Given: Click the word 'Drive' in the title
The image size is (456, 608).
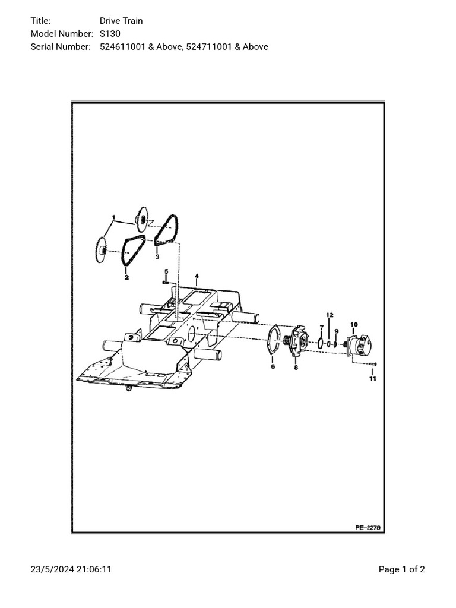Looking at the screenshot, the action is (110, 21).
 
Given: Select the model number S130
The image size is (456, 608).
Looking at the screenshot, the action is (110, 34).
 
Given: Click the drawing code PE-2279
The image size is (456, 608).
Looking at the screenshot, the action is (369, 527).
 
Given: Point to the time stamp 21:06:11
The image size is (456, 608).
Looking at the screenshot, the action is (94, 569).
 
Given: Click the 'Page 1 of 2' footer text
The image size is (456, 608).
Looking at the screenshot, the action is (402, 569).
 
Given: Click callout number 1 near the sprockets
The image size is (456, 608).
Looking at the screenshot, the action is (113, 217).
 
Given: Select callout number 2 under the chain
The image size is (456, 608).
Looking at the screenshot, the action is (126, 277).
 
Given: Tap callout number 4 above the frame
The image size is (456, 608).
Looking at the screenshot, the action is (197, 276).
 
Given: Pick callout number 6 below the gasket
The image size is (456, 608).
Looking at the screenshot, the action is (273, 367).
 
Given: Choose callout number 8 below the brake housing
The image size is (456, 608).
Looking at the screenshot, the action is (296, 368).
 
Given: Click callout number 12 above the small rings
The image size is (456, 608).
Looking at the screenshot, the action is (330, 315).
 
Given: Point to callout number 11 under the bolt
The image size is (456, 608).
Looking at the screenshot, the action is (372, 378).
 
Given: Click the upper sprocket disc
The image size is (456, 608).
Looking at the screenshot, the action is (142, 220).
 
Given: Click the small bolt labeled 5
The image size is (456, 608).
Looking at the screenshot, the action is (166, 283).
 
